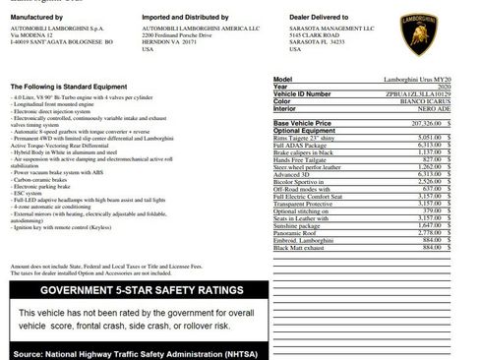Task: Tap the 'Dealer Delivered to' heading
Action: point(330,17)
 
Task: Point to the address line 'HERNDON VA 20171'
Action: point(182,43)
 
